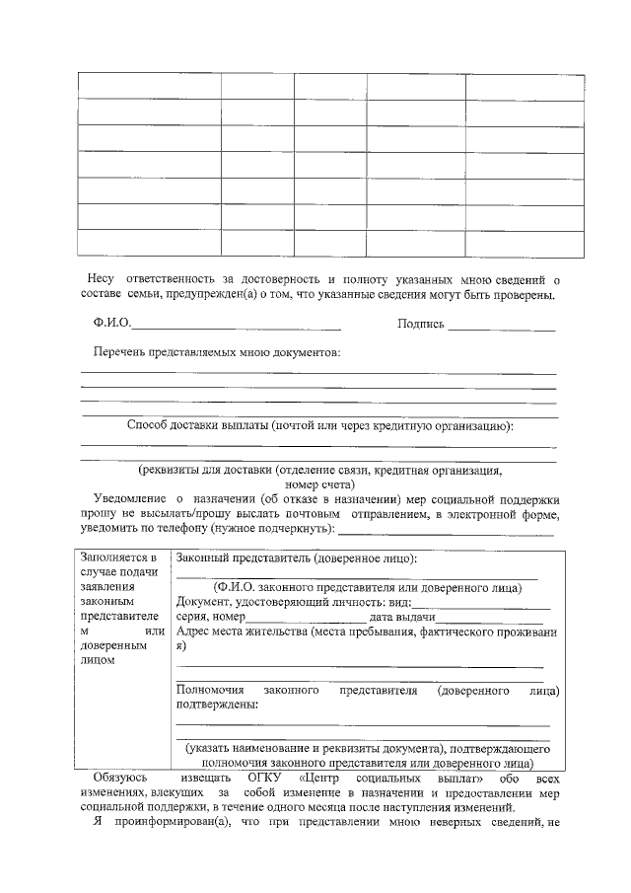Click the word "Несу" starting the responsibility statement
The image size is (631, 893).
[x=102, y=279]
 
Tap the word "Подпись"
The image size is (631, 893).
[x=421, y=324]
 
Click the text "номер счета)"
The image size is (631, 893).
[x=319, y=484]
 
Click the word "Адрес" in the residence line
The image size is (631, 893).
[x=193, y=632]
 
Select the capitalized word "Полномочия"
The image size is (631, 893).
[x=210, y=691]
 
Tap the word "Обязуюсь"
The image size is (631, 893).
[x=119, y=779]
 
